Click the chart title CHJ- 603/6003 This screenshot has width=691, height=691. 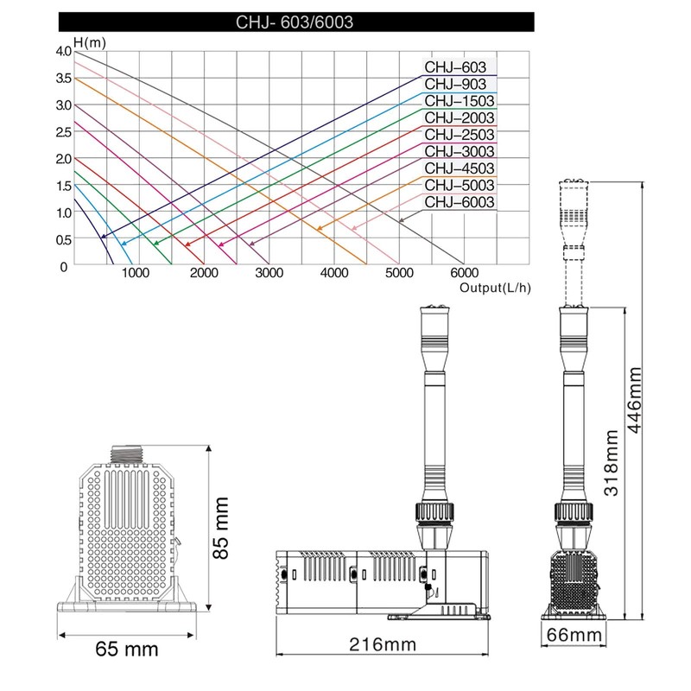[295, 22]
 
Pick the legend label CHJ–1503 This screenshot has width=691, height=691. [460, 101]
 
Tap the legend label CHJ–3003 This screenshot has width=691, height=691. [460, 152]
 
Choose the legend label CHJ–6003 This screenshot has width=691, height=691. [460, 202]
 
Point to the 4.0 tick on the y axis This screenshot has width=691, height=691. [63, 52]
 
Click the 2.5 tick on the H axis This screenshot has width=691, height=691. [63, 132]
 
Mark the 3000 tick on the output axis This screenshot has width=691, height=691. [269, 273]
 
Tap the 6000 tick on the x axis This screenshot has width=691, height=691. [465, 273]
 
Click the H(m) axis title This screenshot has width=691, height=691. [90, 42]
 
